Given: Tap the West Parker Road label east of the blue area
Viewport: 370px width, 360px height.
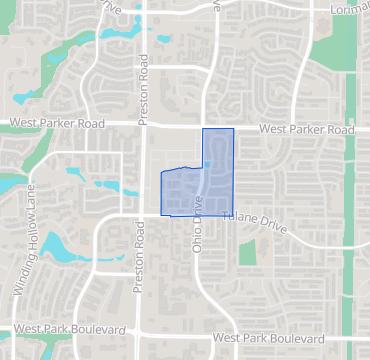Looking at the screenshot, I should pos(306,130).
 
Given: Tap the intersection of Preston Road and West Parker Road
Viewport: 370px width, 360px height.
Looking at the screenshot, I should pos(143,126).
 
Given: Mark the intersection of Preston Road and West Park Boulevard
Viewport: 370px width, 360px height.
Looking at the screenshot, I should pos(137,333).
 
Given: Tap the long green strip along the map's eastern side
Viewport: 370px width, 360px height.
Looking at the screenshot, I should pos(349,200).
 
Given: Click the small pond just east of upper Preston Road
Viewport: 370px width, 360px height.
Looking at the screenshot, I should pos(163,41).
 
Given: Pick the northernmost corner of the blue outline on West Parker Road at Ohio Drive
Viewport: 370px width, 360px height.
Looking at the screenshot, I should pos(203,129).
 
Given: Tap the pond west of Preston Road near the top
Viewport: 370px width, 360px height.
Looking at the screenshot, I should pos(116,33).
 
